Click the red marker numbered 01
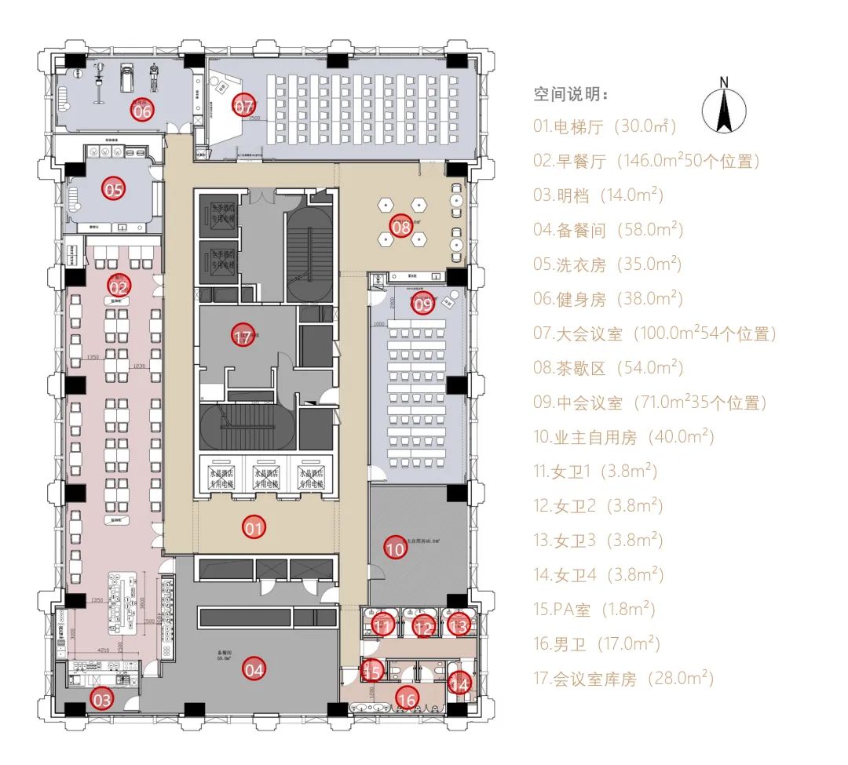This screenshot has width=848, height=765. [253, 528]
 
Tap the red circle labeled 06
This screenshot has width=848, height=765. [142, 111]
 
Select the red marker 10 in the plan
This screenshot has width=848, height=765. [396, 548]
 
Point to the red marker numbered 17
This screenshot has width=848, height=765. [243, 337]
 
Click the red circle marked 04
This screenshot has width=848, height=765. [254, 669]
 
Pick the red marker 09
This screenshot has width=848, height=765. [423, 303]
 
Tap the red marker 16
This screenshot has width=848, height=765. [407, 698]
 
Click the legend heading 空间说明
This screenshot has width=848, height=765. [571, 95]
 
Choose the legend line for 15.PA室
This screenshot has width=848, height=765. [594, 609]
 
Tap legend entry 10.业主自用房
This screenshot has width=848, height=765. [623, 437]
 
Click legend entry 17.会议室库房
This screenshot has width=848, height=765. [623, 678]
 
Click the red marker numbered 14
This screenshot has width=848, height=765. [460, 683]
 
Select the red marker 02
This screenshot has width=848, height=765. [120, 286]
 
